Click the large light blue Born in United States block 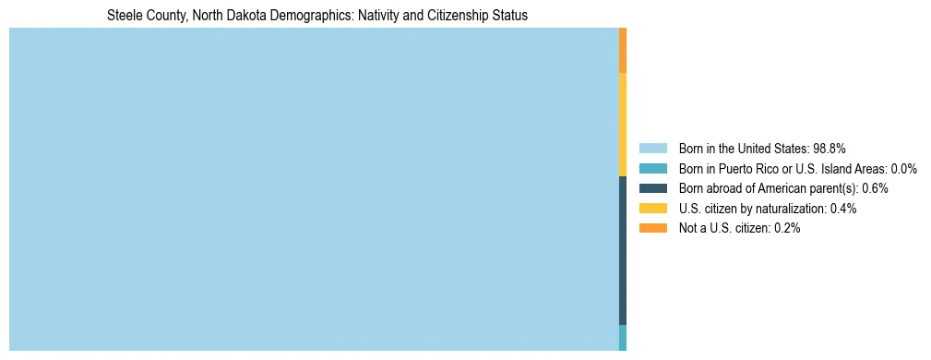point(314,189)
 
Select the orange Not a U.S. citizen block point(623,51)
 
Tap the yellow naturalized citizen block point(623,124)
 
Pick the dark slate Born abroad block point(623,249)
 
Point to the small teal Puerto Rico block point(623,337)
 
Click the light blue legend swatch point(652,149)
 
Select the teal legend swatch point(652,169)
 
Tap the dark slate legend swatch point(652,188)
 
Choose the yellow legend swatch point(652,209)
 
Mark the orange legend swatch point(652,228)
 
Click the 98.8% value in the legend point(830,149)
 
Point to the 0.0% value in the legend point(904,169)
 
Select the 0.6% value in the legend point(875,188)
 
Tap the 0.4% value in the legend point(843,209)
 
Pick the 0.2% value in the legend point(787,228)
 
